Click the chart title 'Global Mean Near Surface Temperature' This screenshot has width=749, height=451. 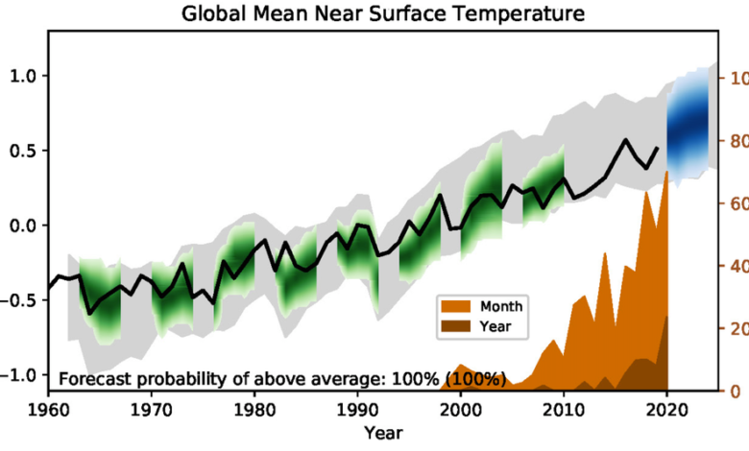tap(373, 14)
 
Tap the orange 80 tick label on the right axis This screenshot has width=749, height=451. tap(736, 141)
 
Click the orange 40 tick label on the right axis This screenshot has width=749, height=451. tap(736, 266)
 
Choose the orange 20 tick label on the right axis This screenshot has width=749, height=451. tap(736, 328)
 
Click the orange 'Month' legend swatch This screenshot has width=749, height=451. tap(456, 306)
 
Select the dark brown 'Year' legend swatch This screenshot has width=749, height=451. tap(456, 326)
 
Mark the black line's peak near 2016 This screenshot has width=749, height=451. tap(625, 140)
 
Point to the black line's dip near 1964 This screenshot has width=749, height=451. tap(89, 314)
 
